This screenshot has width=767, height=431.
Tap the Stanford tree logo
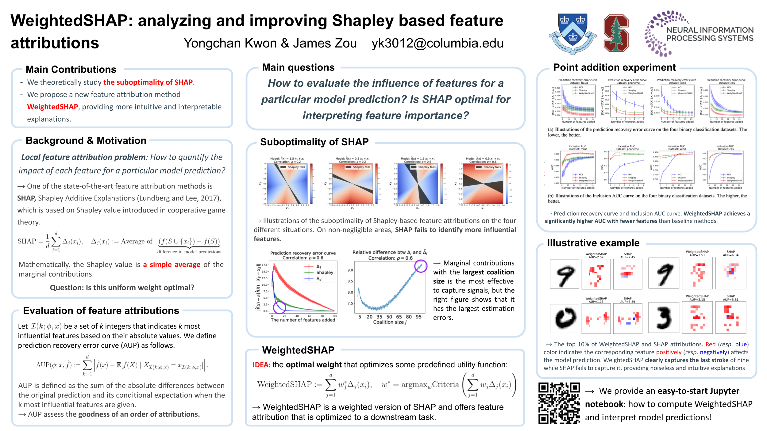point(616,33)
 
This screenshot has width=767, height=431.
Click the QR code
point(559,403)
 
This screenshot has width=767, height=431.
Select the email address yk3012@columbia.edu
point(437,43)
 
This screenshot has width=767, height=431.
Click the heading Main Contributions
point(71,69)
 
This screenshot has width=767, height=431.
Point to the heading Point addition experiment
point(614,67)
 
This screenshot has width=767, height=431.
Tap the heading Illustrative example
point(593,243)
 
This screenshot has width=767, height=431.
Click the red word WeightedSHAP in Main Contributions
point(52,107)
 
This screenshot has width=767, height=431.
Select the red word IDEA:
point(261,364)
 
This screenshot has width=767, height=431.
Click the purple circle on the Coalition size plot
point(421,266)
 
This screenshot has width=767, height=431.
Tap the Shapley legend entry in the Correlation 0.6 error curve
point(324,272)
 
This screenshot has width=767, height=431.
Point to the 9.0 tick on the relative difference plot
point(350,270)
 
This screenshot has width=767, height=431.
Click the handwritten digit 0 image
point(565,318)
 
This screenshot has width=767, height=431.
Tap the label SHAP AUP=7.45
point(627,256)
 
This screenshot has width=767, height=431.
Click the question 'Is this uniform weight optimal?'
point(122,288)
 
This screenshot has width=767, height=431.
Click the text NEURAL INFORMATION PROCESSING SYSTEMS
point(710,34)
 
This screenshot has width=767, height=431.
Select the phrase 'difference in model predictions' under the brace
point(189,252)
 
